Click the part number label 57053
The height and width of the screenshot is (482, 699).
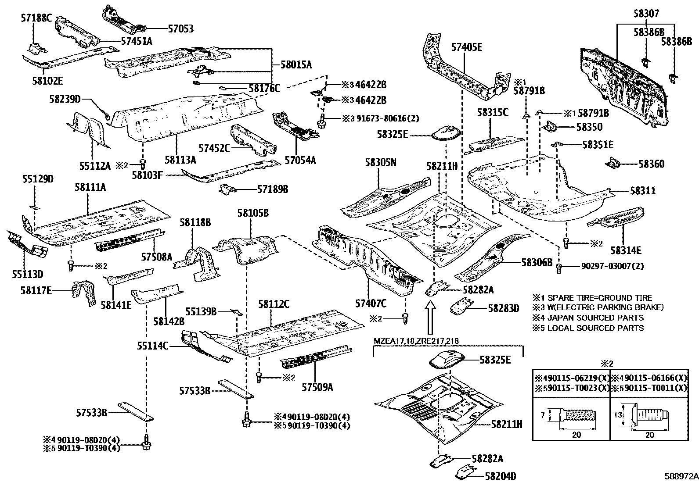[x=181, y=29]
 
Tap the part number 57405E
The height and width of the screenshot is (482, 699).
[x=467, y=47]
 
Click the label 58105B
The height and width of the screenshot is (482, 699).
[x=253, y=213]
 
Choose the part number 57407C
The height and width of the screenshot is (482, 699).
[x=371, y=303]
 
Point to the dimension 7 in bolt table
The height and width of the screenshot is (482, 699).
[x=543, y=414]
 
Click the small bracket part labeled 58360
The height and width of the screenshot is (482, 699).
[x=613, y=164]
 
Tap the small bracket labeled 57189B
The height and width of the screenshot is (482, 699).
[x=227, y=189]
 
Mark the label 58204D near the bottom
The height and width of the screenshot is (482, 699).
[x=501, y=476]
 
